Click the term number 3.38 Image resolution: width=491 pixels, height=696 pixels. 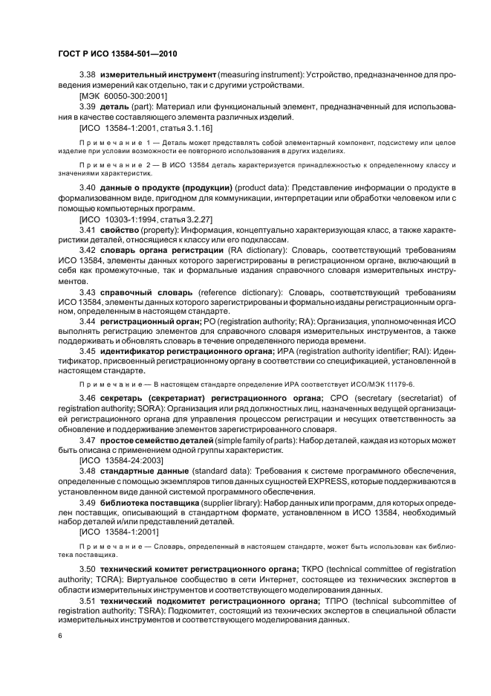coord(88,75)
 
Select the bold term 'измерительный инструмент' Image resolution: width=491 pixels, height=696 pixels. coord(157,75)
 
